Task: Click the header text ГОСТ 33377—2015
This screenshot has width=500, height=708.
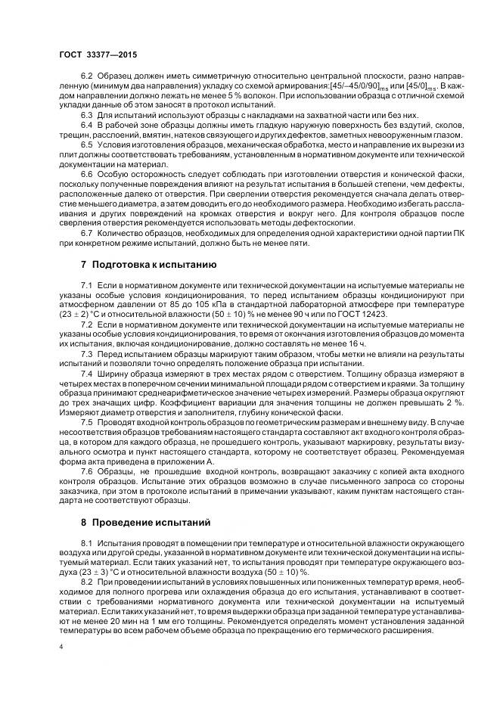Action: (x=97, y=55)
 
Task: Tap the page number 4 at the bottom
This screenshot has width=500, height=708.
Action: (x=61, y=647)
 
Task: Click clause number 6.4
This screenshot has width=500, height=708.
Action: (x=87, y=123)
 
